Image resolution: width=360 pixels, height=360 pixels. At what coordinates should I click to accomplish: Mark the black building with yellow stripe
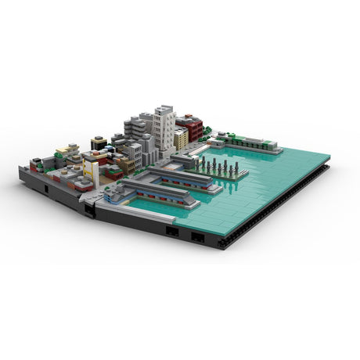coord(99,142)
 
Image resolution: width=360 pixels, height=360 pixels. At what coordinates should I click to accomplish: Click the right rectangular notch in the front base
coord(198,236)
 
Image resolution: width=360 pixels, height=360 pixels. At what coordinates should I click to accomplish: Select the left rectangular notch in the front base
coord(169,230)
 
